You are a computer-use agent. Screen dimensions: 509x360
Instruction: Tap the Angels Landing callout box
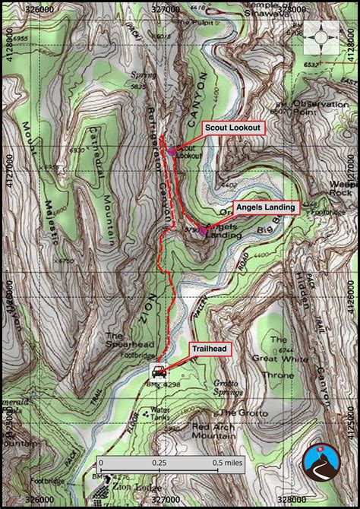click(x=265, y=207)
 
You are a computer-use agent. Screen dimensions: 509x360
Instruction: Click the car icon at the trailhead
click(x=159, y=371)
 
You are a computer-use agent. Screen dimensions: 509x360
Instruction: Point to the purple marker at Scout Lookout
click(x=172, y=151)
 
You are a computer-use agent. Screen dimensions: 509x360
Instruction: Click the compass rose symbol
click(x=324, y=37)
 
